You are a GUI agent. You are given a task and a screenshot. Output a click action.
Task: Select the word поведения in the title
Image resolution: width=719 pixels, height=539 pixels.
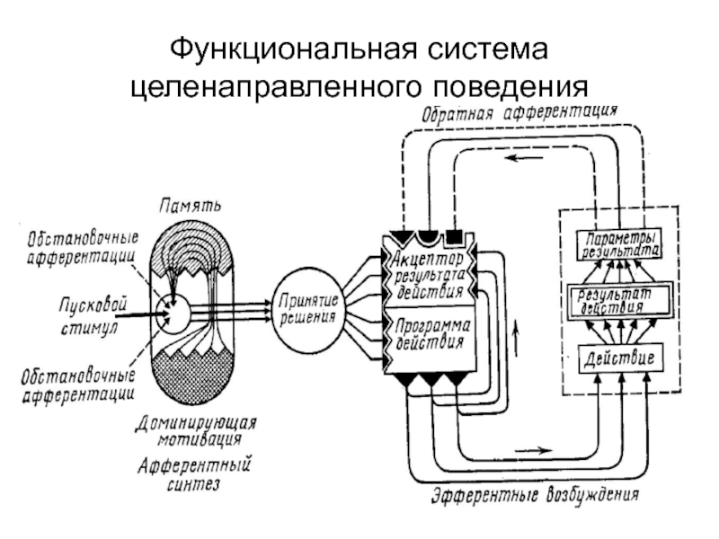point(510,86)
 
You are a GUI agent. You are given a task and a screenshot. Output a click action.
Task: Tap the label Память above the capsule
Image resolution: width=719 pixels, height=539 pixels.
point(191,206)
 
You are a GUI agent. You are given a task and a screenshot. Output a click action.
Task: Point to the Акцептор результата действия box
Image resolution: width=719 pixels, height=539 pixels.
point(429,272)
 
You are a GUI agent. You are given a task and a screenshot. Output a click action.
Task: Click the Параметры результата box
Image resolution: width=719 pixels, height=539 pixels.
point(619,243)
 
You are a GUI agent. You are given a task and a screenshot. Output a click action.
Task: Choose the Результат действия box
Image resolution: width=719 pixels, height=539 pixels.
point(619,301)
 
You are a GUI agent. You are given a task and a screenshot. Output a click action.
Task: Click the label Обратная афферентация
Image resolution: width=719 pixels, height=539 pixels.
point(519,113)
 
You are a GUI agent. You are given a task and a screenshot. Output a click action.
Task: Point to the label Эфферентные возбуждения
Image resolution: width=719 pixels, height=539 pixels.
point(535,495)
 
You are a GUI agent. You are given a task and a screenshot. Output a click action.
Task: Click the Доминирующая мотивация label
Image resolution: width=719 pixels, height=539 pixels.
point(196,431)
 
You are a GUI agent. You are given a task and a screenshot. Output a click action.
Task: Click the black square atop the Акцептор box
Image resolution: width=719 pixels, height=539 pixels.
point(454,235)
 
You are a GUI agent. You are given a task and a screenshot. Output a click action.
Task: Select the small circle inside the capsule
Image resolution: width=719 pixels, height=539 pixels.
point(172,314)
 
